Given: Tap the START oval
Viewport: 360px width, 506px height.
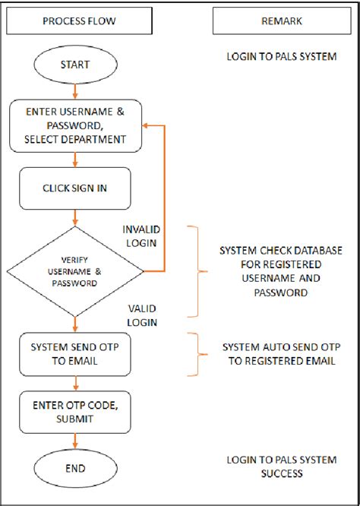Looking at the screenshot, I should [74, 65].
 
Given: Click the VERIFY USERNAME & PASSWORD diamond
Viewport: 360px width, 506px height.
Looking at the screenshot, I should [74, 270].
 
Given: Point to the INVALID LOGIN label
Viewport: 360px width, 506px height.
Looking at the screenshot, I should [142, 236].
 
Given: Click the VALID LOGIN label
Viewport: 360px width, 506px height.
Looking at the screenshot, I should [142, 315].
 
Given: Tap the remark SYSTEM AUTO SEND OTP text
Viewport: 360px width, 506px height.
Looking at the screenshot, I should [279, 354].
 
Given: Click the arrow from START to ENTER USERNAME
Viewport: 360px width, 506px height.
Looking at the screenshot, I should [74, 92].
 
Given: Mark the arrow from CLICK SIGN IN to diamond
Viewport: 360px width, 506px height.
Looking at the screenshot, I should [74, 217].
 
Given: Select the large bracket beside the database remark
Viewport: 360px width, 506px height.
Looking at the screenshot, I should [200, 270].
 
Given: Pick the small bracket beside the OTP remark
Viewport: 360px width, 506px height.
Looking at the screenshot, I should [201, 354].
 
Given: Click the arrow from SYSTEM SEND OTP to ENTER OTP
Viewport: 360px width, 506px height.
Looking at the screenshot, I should [74, 384].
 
